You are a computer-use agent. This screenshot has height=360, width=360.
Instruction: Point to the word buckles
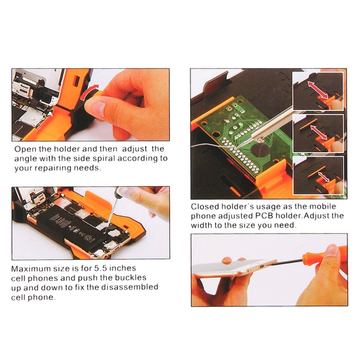pyautogui.click(x=129, y=278)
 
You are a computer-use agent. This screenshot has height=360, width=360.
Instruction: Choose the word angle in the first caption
pyautogui.click(x=24, y=158)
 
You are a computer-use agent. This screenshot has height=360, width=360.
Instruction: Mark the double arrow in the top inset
pyautogui.click(x=318, y=90)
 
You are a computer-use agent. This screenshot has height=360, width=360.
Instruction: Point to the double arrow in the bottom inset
pyautogui.click(x=318, y=176)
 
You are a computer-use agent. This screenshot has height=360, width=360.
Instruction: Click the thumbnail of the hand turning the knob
pyautogui.click(x=90, y=104)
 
